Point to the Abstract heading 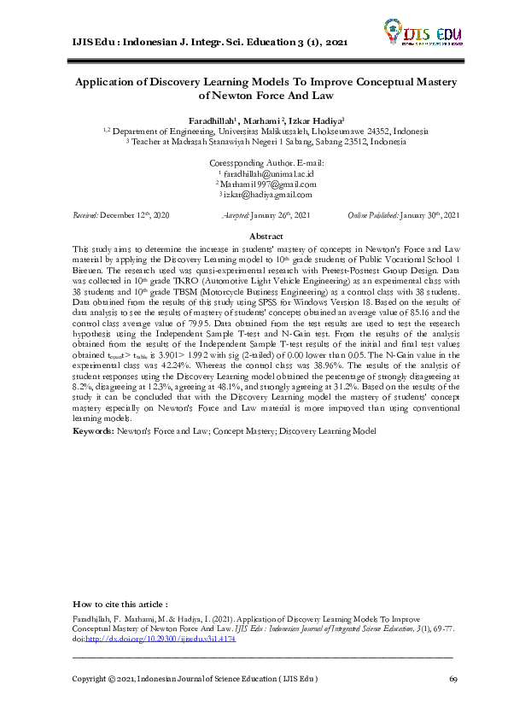point(265,235)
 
